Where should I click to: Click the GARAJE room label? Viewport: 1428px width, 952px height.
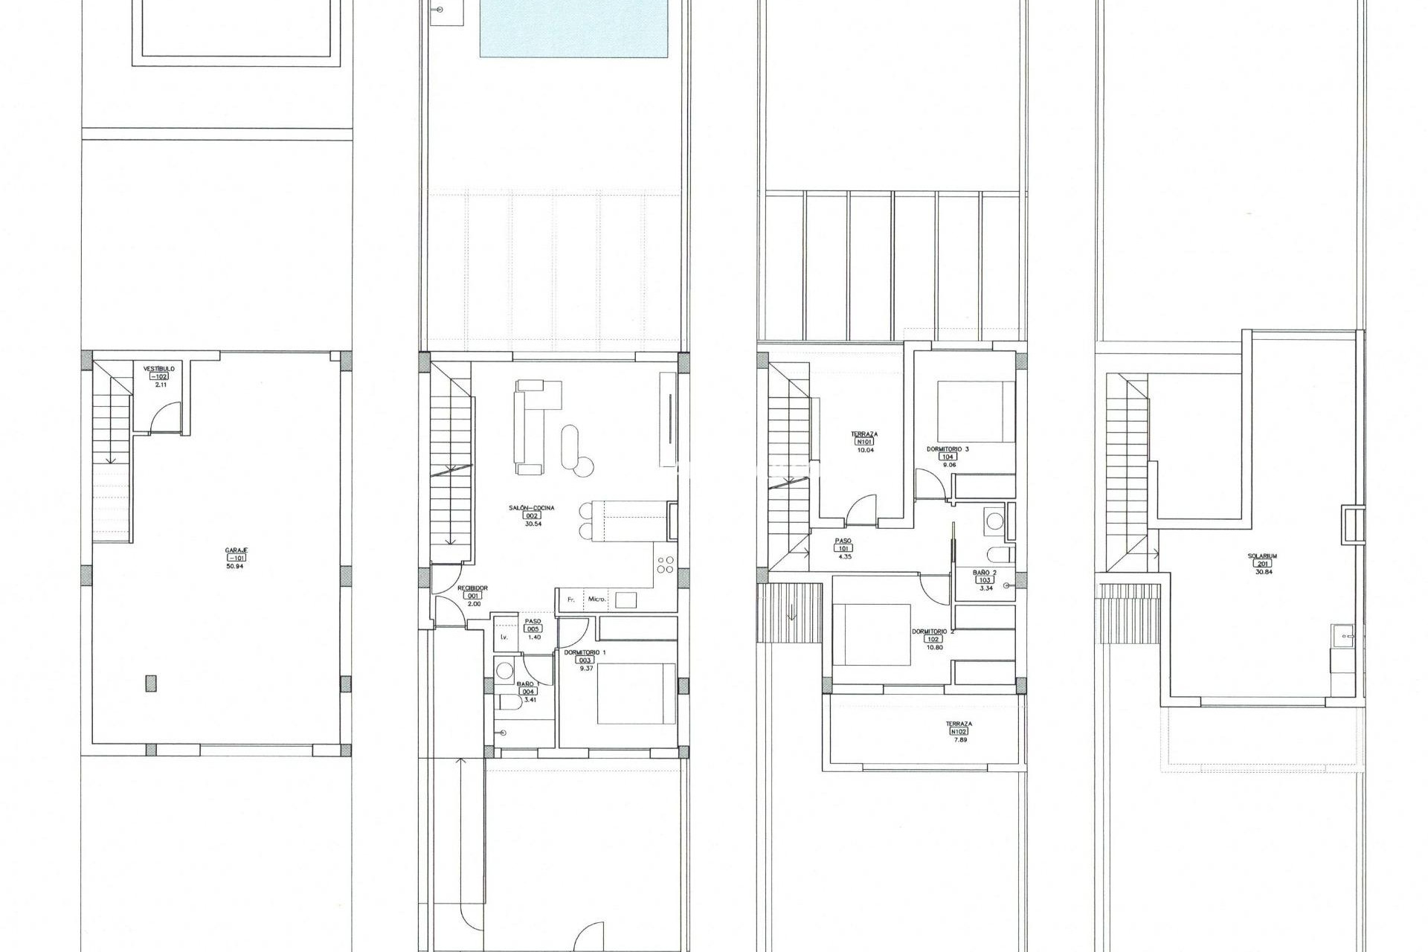pos(237,550)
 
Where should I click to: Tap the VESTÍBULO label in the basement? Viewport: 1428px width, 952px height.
pos(159,368)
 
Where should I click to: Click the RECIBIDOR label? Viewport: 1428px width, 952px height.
pos(472,588)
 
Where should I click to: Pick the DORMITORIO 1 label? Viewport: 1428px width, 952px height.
pos(585,652)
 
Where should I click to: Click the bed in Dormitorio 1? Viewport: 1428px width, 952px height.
pos(637,693)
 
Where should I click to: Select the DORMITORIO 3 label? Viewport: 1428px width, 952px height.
pos(947,449)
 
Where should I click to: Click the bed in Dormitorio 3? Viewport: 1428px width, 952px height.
pos(975,411)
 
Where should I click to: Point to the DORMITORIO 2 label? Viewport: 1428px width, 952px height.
pos(933,631)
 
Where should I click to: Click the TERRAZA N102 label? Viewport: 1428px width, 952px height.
pos(959,723)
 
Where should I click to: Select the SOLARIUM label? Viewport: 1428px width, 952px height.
pos(1263,556)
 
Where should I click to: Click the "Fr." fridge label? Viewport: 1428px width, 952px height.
pos(571,599)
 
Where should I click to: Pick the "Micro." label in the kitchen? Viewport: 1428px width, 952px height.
pos(597,599)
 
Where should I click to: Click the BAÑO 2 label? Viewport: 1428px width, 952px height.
pos(985,572)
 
